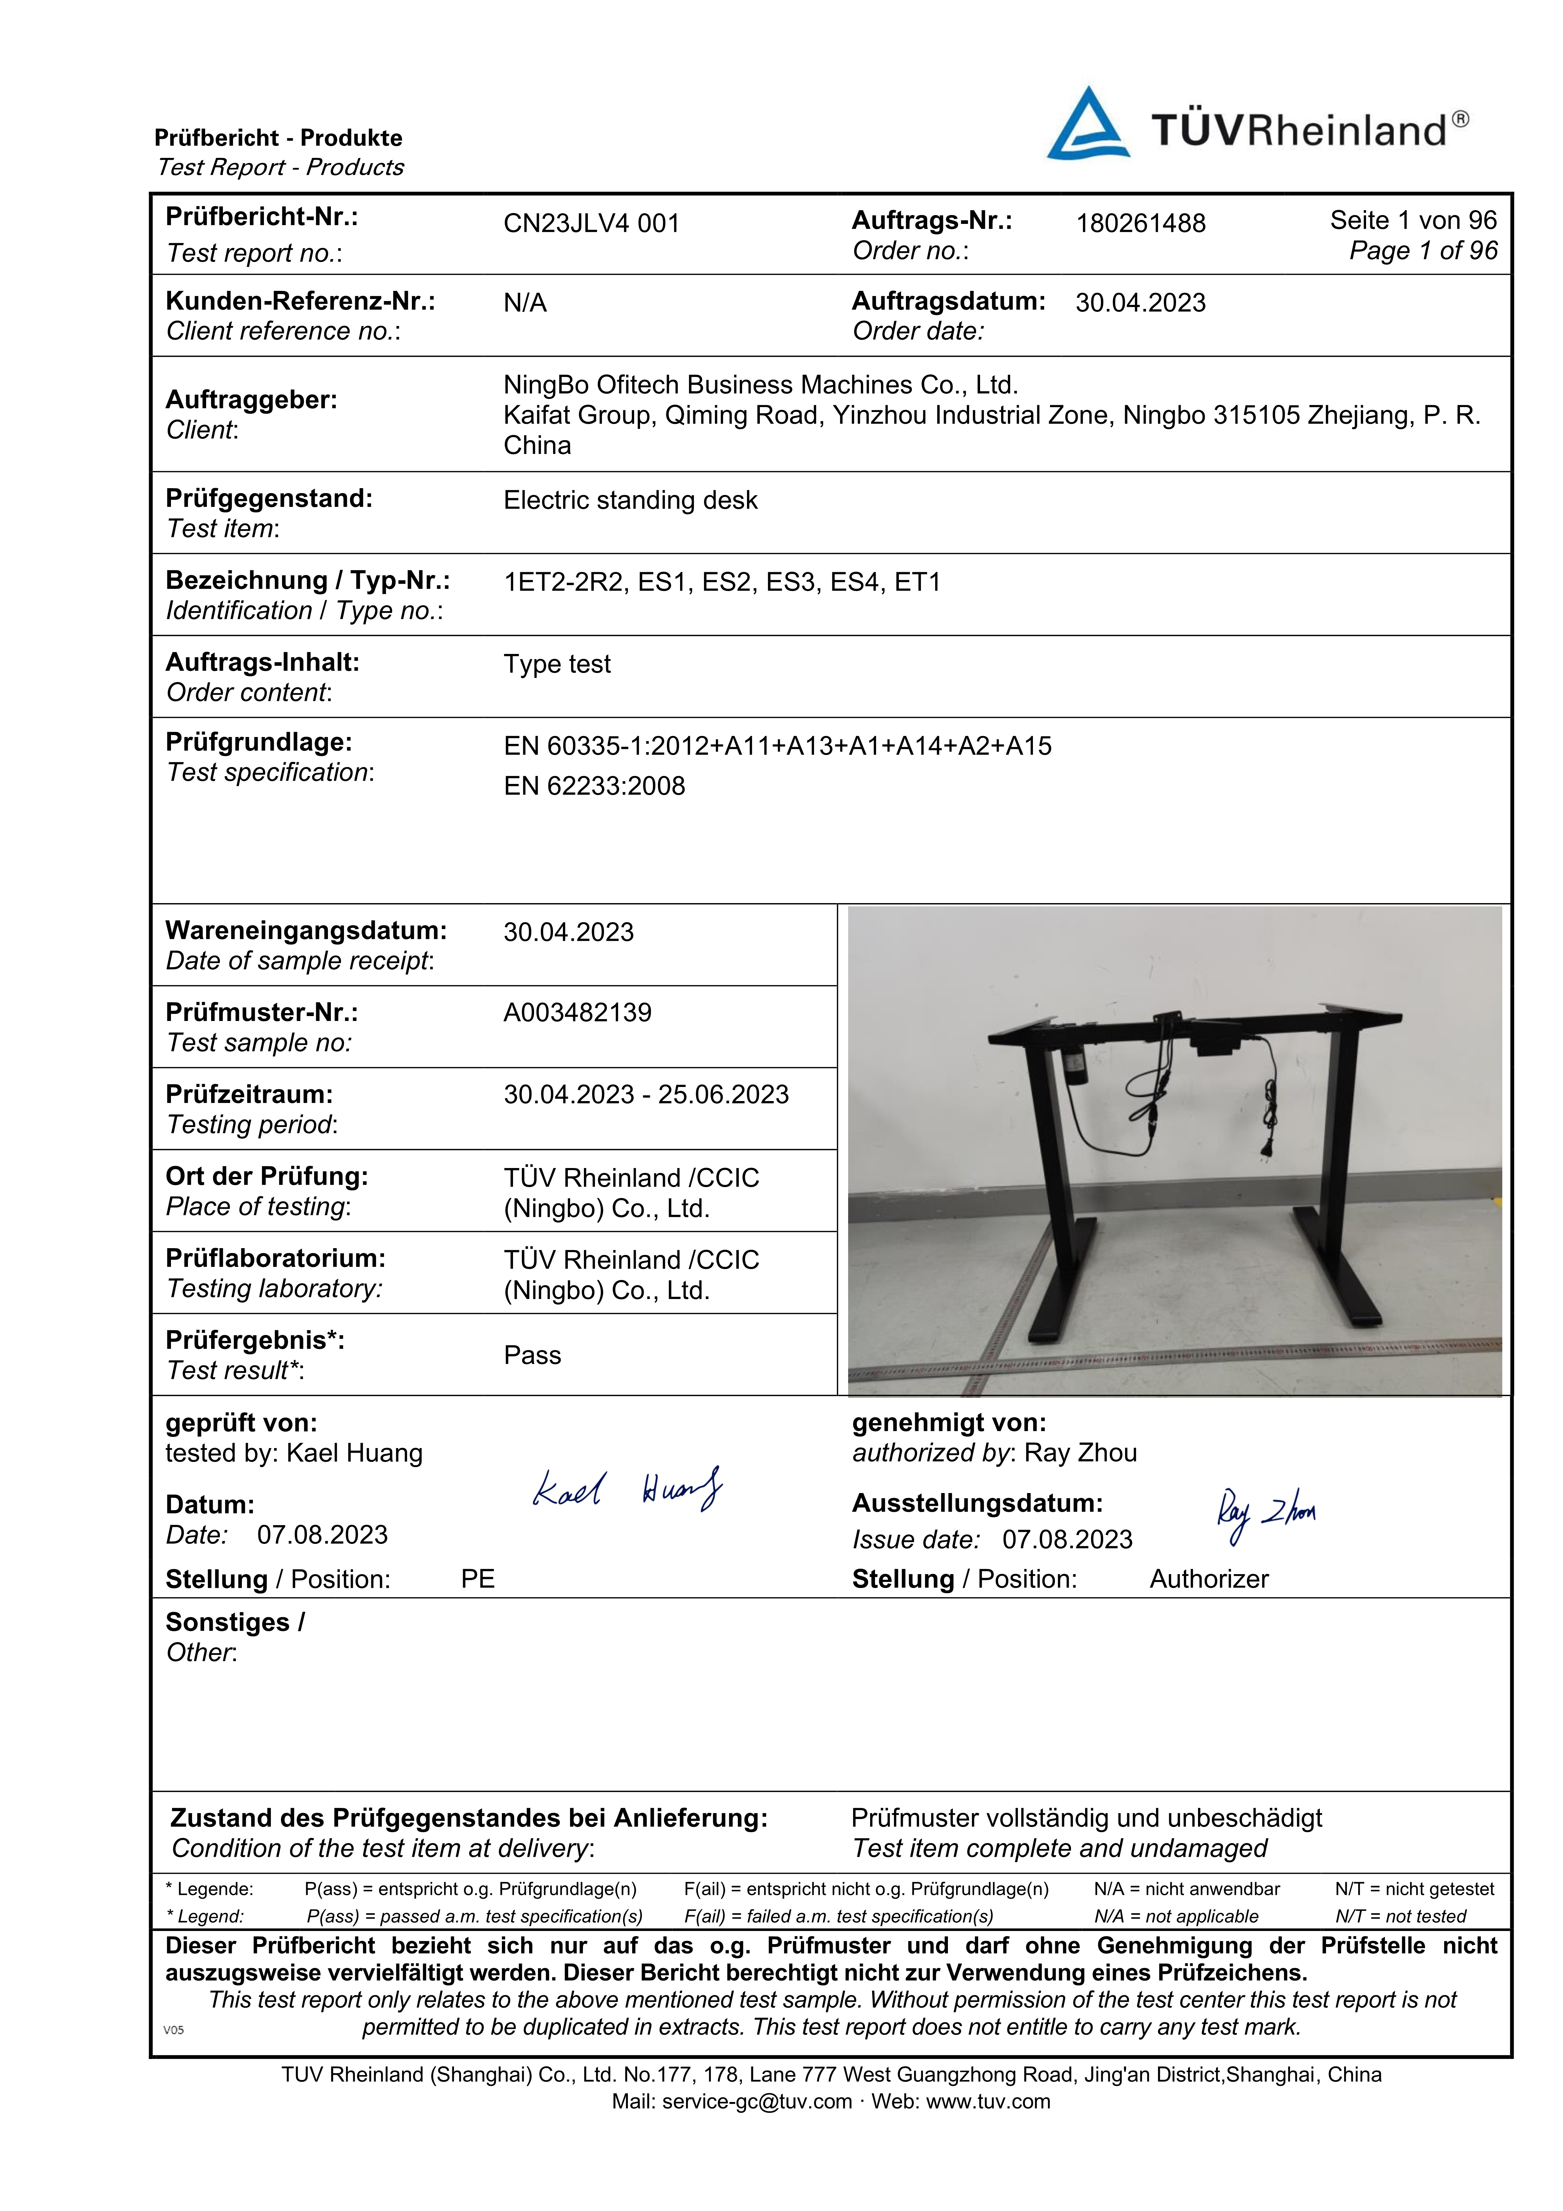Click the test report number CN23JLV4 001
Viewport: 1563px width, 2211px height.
(591, 224)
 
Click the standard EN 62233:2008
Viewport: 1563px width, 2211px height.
(594, 786)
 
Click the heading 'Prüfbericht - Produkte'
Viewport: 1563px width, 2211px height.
(278, 138)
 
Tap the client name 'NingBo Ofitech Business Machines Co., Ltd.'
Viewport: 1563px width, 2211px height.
(761, 385)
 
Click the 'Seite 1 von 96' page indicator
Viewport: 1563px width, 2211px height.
(1413, 221)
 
